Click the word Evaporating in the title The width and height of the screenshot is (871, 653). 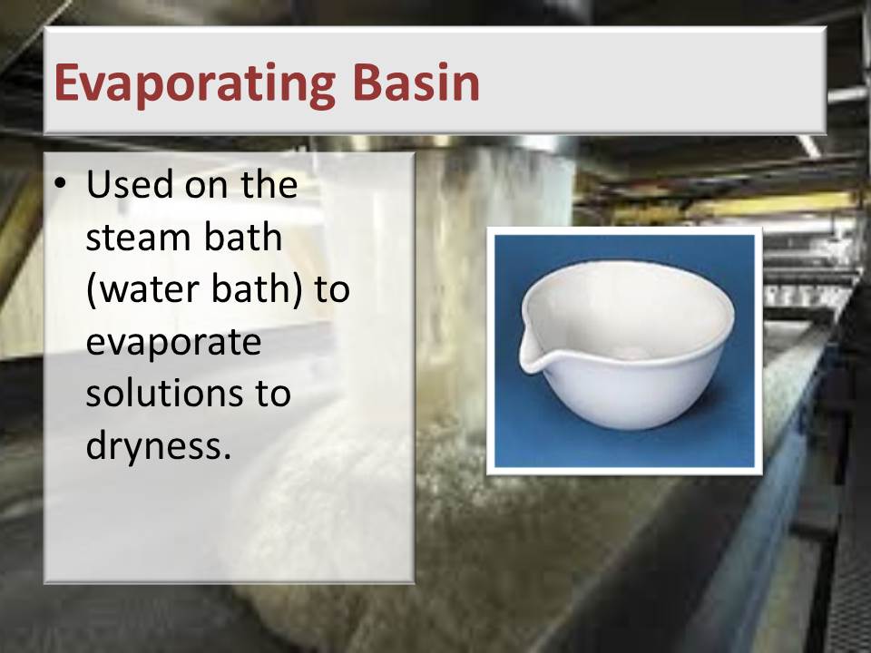pos(194,84)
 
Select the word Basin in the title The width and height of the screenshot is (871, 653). pos(416,82)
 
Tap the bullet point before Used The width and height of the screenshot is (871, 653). pos(61,181)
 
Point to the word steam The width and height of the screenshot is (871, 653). pos(138,237)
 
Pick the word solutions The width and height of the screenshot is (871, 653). pos(164,394)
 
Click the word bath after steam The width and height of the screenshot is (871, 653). pos(243,237)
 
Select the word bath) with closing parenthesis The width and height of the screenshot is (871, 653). pos(257,290)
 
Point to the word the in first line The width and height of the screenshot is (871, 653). pos(269,184)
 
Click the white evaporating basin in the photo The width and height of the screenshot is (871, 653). pos(626,345)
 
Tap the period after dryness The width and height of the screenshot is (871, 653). pos(226,457)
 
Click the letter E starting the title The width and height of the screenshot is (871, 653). pos(66,83)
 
